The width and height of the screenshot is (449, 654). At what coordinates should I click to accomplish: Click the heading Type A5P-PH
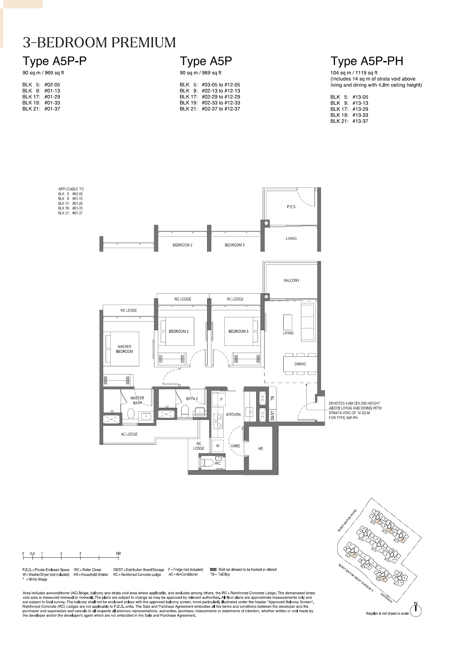[367, 61]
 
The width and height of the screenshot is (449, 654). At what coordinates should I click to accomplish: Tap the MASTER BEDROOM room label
[124, 349]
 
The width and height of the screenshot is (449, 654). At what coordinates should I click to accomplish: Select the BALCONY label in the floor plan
[291, 280]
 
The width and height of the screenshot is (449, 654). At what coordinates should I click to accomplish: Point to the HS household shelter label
[261, 448]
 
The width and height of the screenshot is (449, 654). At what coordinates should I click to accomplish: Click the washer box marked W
[218, 446]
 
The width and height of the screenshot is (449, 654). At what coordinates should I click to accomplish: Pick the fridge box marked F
[221, 399]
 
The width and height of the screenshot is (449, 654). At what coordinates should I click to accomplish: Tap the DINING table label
[300, 364]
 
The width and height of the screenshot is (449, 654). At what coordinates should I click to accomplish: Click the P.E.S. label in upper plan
[291, 207]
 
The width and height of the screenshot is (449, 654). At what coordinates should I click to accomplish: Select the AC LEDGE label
[129, 434]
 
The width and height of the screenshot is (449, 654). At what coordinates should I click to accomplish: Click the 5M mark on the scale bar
[118, 554]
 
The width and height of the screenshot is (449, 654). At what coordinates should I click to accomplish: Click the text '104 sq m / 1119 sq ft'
[354, 73]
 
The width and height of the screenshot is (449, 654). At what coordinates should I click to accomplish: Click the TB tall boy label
[272, 398]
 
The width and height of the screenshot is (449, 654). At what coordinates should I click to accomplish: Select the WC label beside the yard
[218, 463]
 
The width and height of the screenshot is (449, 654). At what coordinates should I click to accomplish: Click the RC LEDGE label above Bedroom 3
[235, 299]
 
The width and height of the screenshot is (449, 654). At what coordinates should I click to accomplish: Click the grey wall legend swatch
[213, 569]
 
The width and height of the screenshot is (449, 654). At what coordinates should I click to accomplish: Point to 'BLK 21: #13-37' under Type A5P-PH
[349, 121]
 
